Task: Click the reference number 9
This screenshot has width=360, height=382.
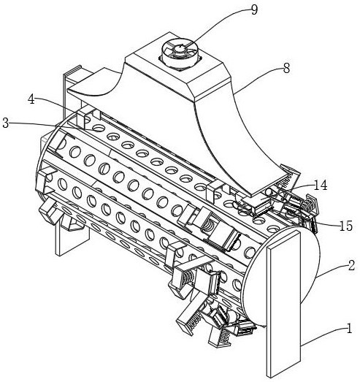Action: point(254,10)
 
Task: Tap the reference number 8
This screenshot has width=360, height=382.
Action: point(286,68)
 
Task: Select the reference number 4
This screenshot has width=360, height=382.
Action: point(31,99)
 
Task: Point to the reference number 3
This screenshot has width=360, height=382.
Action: point(6,123)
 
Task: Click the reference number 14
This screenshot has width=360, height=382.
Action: point(321,185)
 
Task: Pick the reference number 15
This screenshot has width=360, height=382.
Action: point(346,226)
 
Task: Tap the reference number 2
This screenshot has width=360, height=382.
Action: point(351,266)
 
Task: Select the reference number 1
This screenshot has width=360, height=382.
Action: point(349,329)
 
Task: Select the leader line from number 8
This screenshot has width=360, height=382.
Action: point(258,77)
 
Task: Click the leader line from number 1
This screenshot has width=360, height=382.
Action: point(324,335)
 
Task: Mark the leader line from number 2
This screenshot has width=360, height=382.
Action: point(332,270)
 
